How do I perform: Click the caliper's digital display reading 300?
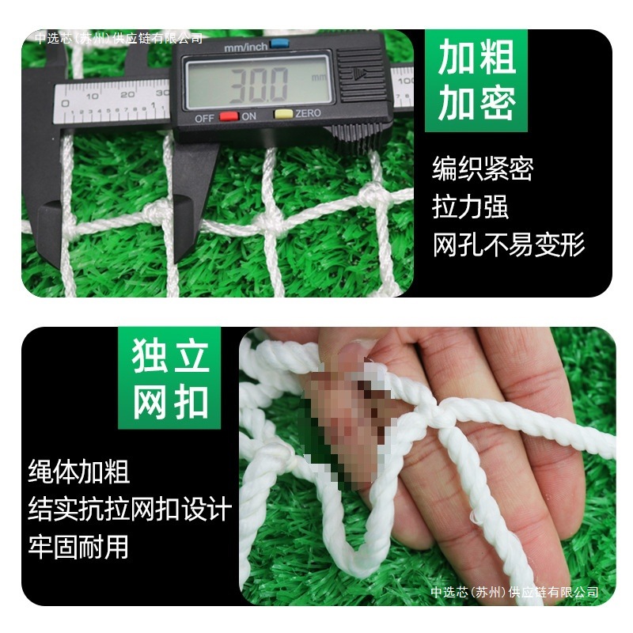(x=256, y=84)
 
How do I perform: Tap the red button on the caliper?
(x=229, y=115)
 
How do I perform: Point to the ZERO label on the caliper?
(x=308, y=114)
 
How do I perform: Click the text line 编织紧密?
(x=483, y=169)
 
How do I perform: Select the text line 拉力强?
(x=470, y=207)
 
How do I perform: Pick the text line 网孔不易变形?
(x=509, y=244)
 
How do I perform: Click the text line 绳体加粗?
(x=79, y=472)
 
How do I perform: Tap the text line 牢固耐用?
(x=79, y=546)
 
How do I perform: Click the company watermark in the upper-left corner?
(x=119, y=38)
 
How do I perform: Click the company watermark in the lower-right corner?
(x=514, y=592)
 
